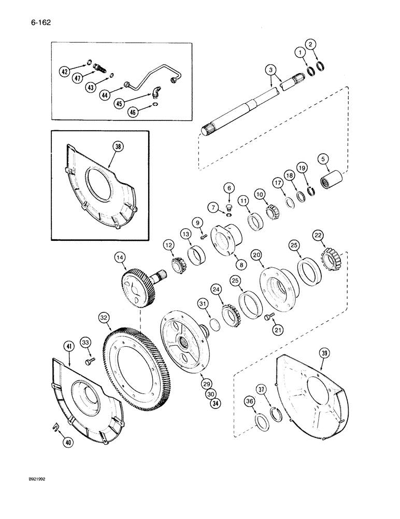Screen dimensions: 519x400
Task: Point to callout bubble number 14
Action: pos(120,257)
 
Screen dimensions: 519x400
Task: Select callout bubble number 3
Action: pos(269,70)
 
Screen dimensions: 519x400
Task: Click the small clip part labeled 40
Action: pos(56,427)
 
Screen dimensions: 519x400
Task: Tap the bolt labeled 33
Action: pos(88,360)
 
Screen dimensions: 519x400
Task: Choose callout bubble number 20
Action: pos(255,255)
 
